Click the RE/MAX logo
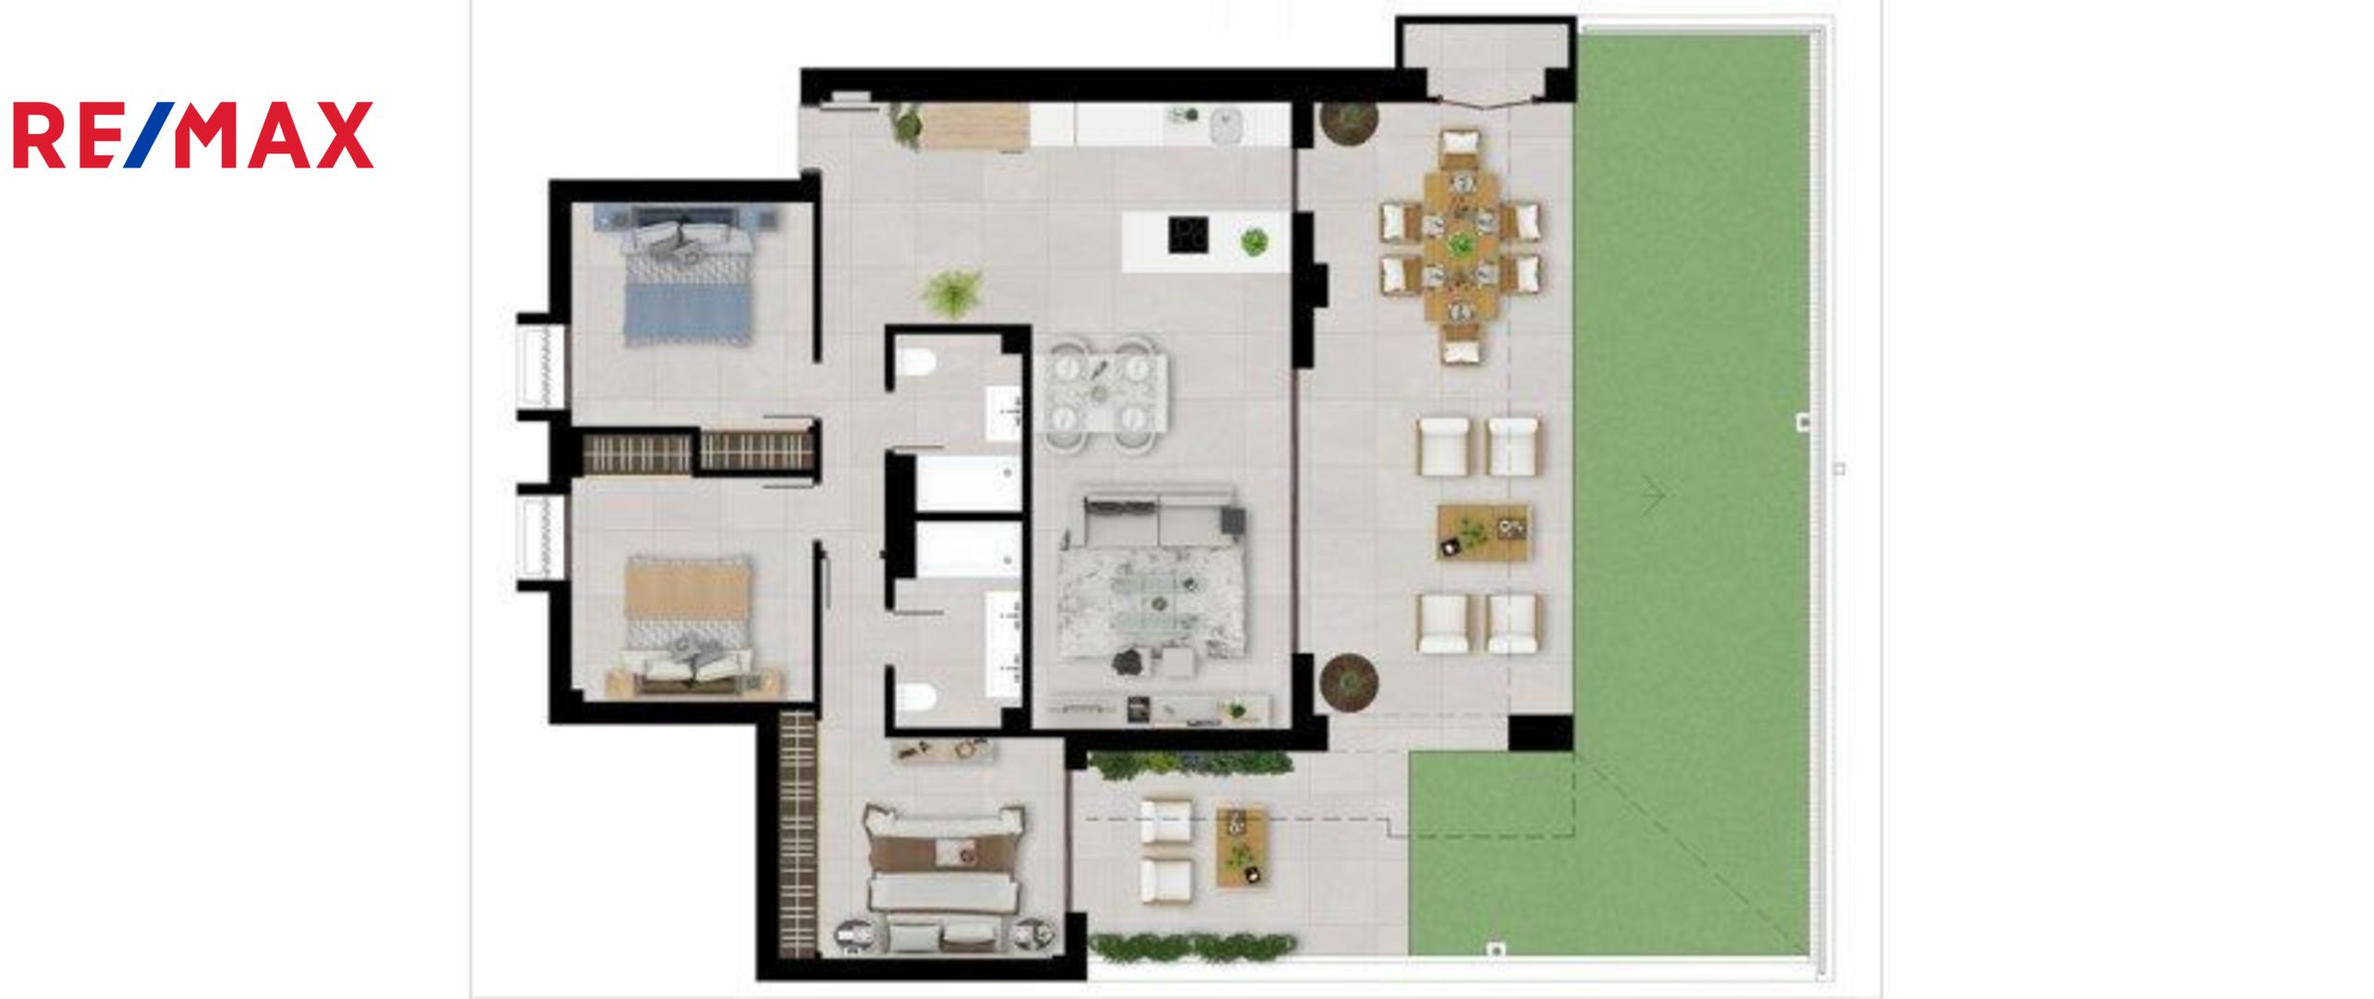click(193, 135)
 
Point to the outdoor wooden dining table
click(1461, 246)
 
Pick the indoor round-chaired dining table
click(1106, 396)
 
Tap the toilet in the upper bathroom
click(917, 364)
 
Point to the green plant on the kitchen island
click(1254, 242)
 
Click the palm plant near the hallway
click(952, 294)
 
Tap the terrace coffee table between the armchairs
click(1482, 533)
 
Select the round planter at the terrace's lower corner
click(1349, 683)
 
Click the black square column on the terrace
click(1541, 733)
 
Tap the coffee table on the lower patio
click(1242, 846)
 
